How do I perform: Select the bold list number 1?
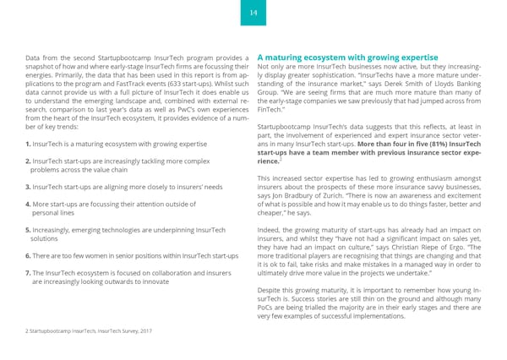point(29,145)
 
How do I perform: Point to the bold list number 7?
point(29,273)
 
